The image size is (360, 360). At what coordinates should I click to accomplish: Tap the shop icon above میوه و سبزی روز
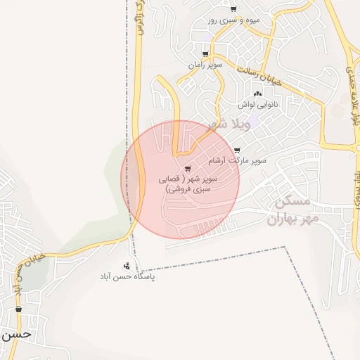[x=233, y=9]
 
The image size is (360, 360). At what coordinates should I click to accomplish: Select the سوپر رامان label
[x=205, y=65]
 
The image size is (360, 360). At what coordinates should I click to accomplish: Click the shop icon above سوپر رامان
[x=205, y=54]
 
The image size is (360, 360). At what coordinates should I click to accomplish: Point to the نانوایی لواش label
[x=257, y=104]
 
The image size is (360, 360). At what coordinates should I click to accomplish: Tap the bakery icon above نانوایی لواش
[x=257, y=94]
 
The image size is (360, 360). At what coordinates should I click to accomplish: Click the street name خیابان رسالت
[x=259, y=76]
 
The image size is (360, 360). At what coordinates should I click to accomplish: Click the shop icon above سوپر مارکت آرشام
[x=237, y=150]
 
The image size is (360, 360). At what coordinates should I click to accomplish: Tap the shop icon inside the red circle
[x=187, y=169]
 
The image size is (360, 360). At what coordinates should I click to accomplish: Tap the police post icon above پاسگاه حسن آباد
[x=127, y=266]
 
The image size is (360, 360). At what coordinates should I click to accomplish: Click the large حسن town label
[x=15, y=334]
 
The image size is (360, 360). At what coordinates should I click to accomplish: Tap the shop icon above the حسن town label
[x=18, y=309]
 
